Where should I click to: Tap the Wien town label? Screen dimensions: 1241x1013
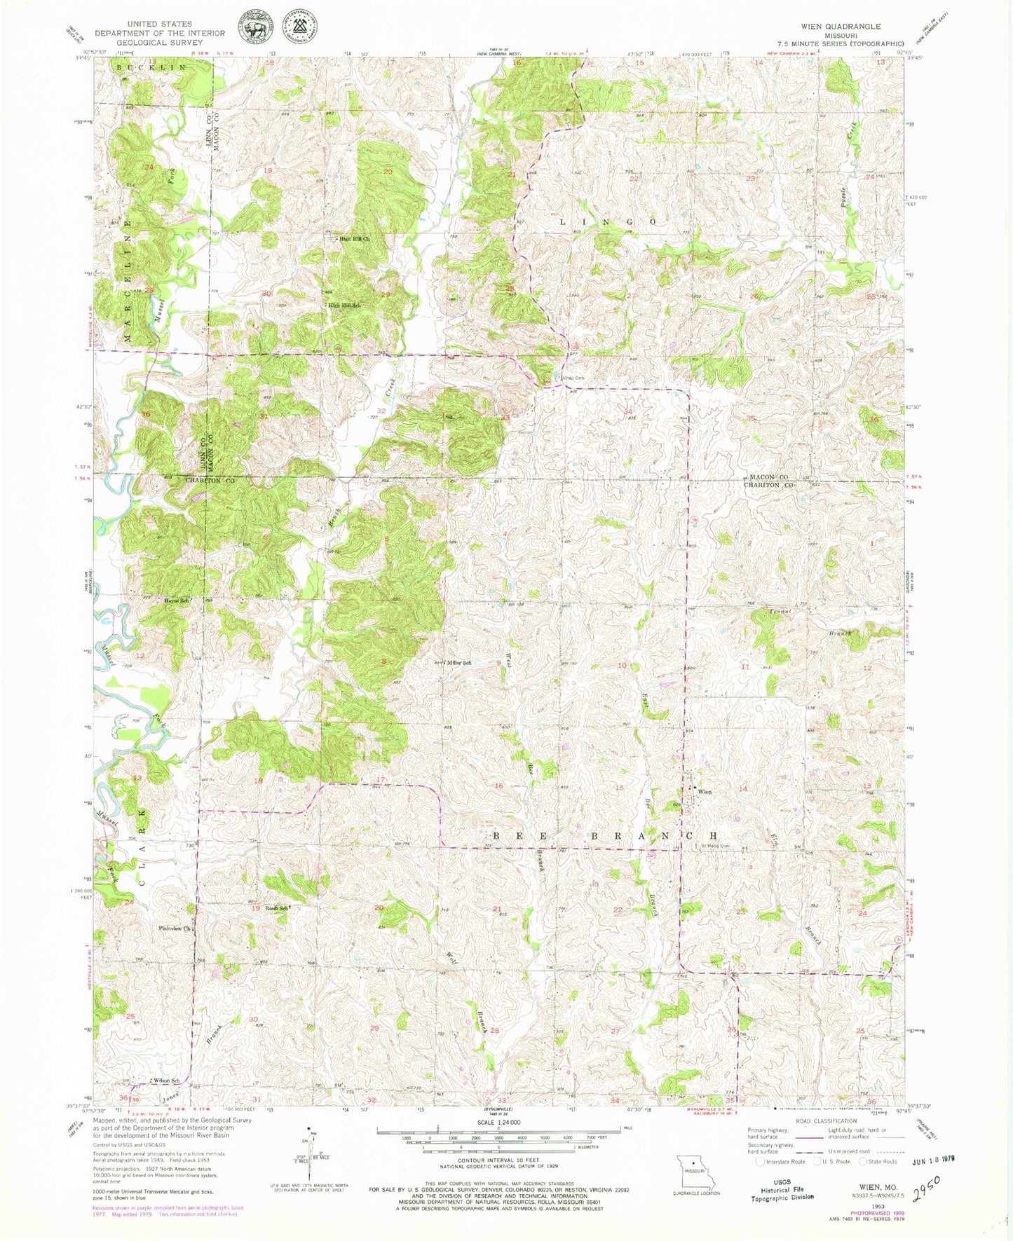click(x=705, y=792)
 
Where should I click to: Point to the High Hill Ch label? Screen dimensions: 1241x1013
click(x=354, y=239)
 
